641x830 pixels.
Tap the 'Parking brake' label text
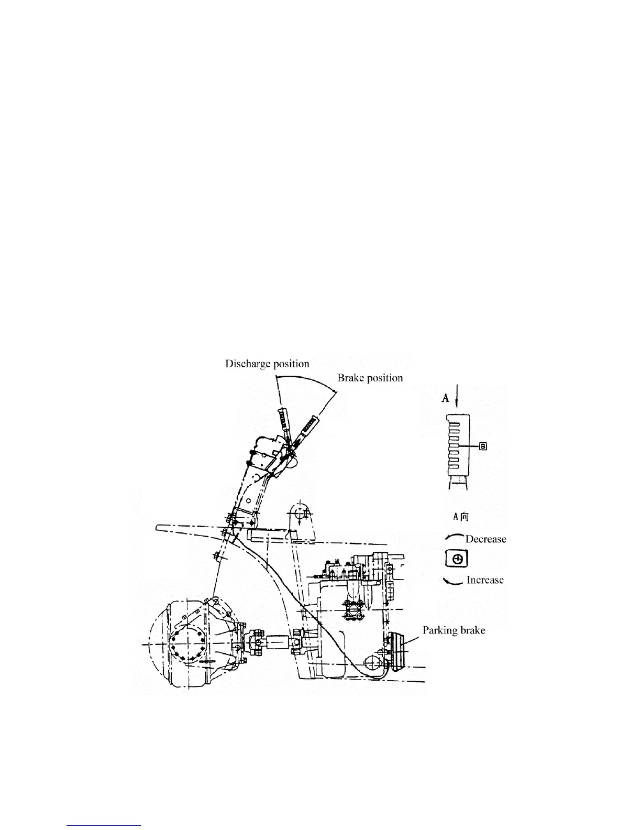(x=454, y=630)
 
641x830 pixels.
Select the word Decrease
(x=485, y=539)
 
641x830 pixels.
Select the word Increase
(x=485, y=580)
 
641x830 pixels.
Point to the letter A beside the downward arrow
(x=446, y=398)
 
